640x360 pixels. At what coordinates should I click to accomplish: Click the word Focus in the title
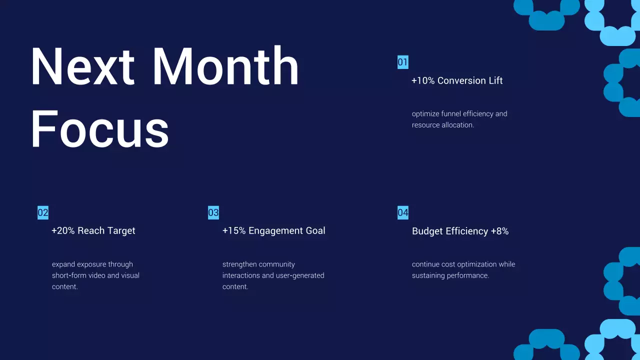coord(99,128)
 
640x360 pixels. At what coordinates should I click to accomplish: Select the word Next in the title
coord(82,66)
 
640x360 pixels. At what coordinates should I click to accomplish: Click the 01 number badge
coord(403,62)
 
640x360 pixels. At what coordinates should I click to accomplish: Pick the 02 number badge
coord(43,212)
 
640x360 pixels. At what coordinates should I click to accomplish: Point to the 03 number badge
coord(213,212)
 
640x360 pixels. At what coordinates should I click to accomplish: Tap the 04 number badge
coord(403,212)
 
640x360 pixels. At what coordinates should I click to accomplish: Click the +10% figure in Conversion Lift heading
coord(423,81)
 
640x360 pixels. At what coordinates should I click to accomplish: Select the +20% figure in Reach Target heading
coord(63,231)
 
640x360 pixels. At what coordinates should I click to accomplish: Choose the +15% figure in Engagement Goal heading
coord(234,231)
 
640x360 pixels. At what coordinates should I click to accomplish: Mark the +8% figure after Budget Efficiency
coord(499,231)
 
